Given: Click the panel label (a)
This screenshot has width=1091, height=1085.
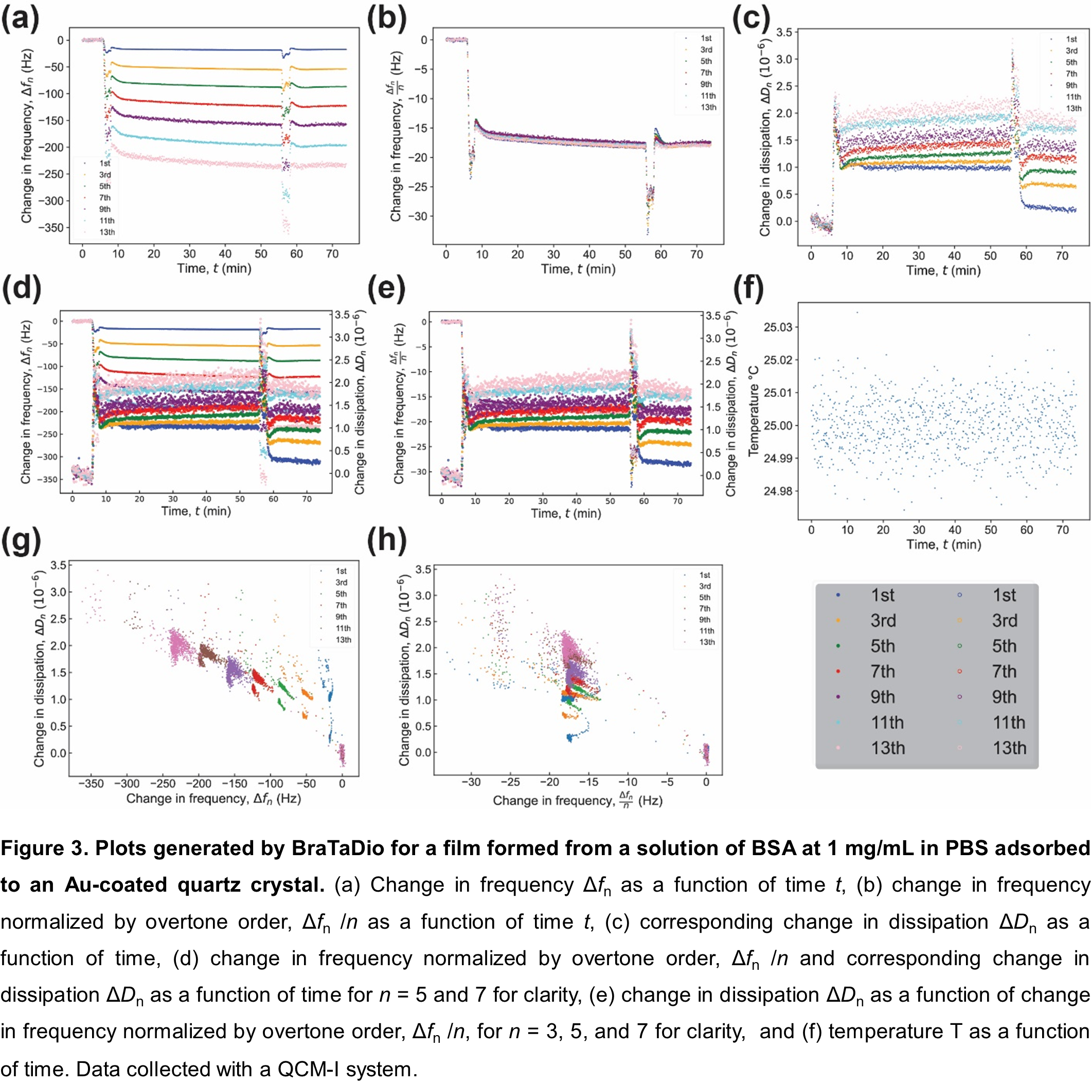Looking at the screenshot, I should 21,19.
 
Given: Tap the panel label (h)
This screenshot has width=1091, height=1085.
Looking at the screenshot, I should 387,540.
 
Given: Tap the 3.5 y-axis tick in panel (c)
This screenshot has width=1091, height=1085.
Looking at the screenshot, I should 784,32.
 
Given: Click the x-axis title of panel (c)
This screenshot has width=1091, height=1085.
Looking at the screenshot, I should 943,270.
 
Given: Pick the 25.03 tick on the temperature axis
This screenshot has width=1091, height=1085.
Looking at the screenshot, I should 778,328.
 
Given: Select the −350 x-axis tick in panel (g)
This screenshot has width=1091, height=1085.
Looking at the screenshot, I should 91,784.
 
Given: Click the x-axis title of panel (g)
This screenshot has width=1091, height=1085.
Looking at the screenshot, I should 213,799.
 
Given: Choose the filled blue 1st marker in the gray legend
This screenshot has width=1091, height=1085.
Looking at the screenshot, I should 838,595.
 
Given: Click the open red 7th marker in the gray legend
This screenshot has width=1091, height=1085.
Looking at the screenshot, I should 959,671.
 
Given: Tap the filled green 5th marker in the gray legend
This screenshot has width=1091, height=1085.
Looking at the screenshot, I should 838,646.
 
